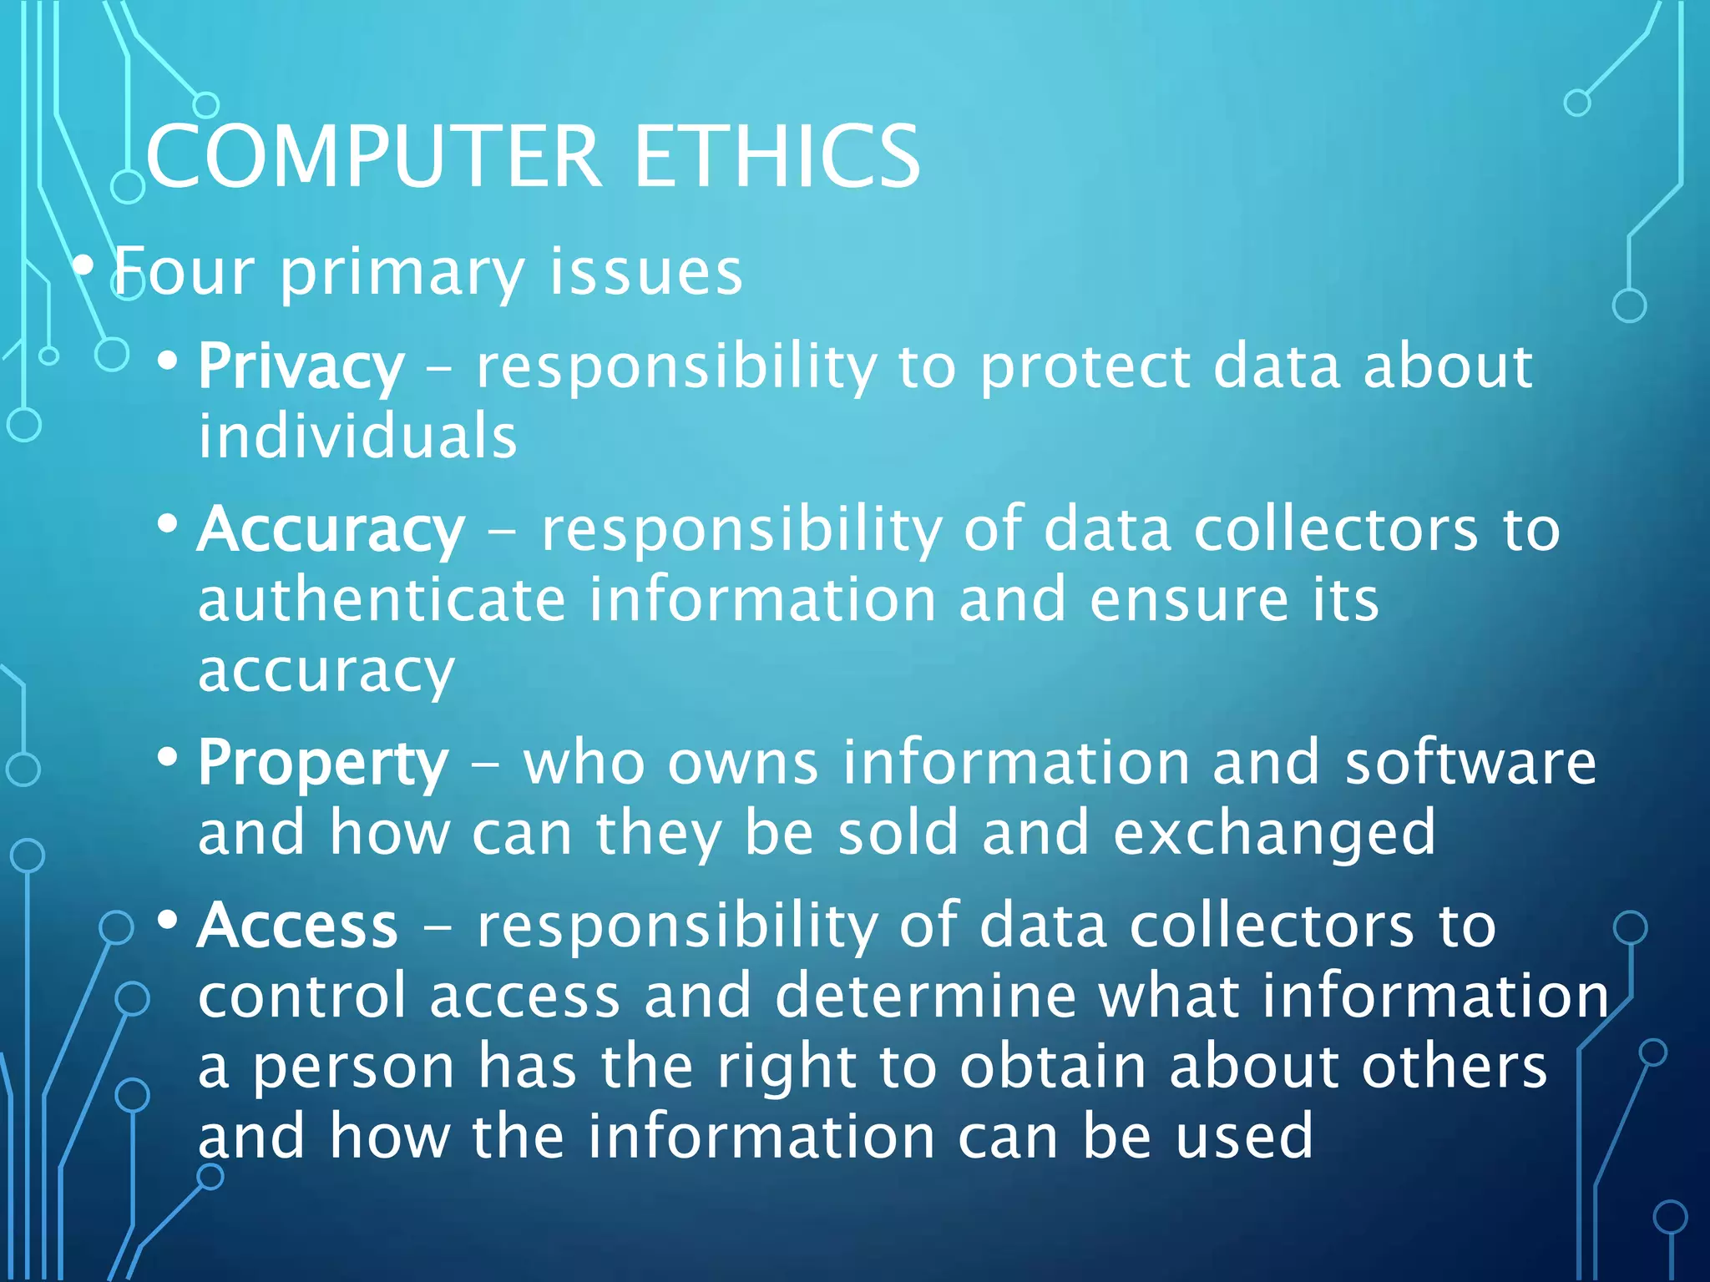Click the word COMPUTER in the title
(373, 156)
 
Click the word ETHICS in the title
(777, 156)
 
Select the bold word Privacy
(301, 367)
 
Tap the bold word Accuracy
(331, 531)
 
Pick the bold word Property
(323, 764)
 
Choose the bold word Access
(297, 926)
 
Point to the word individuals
(357, 437)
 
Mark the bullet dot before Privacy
(168, 361)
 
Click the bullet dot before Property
(168, 758)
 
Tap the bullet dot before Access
(168, 920)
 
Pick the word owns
(742, 764)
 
